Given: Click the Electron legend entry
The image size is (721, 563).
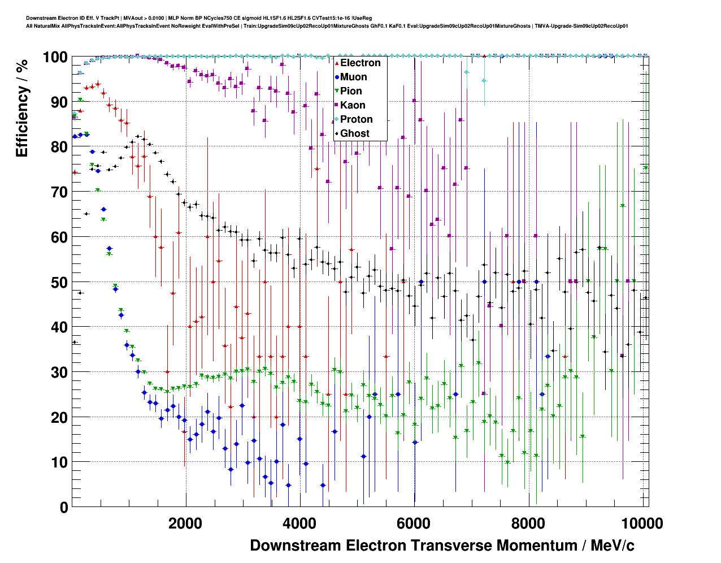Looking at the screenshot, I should pyautogui.click(x=360, y=63).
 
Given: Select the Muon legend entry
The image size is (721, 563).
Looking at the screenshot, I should pyautogui.click(x=353, y=77).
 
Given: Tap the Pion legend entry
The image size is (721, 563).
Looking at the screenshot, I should pyautogui.click(x=351, y=91).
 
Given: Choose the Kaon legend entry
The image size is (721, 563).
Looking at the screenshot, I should pyautogui.click(x=353, y=105).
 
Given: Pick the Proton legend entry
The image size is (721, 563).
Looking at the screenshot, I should pyautogui.click(x=356, y=119).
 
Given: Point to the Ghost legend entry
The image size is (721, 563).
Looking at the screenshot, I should pyautogui.click(x=354, y=133).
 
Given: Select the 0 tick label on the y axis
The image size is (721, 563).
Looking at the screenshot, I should pyautogui.click(x=63, y=508).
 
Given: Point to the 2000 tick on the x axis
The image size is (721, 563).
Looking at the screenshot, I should pyautogui.click(x=185, y=523).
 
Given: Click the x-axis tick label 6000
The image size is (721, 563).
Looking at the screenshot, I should pyautogui.click(x=414, y=523).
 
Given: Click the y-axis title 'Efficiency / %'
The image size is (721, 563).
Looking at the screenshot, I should pyautogui.click(x=22, y=107).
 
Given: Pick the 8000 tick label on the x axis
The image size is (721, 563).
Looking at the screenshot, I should pyautogui.click(x=528, y=523).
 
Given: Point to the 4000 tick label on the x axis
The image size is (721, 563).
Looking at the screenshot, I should pyautogui.click(x=299, y=523).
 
